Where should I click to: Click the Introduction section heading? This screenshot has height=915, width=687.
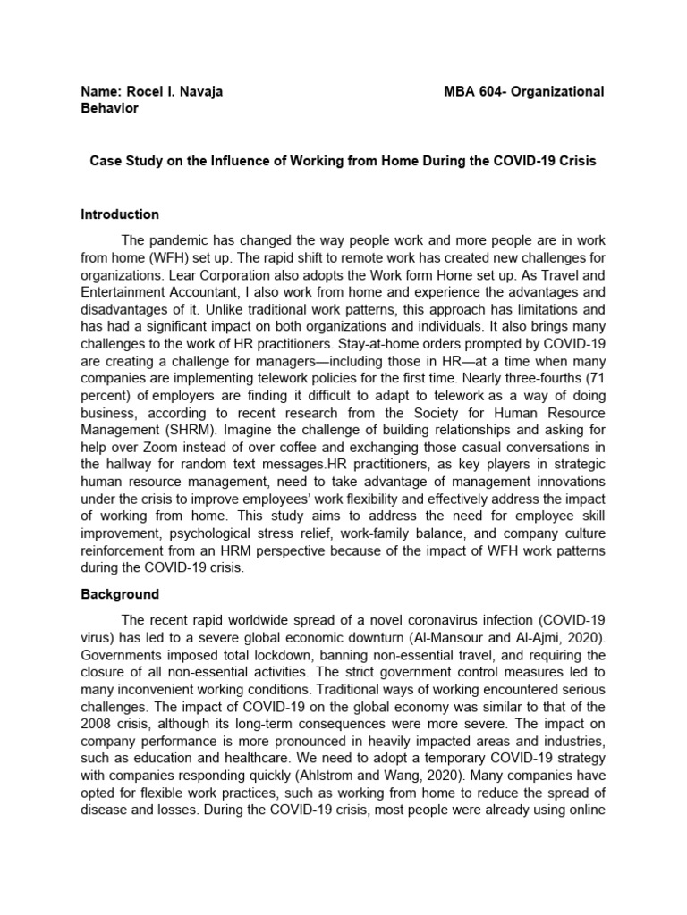pyautogui.click(x=120, y=214)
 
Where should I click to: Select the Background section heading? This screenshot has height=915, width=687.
pyautogui.click(x=120, y=594)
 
